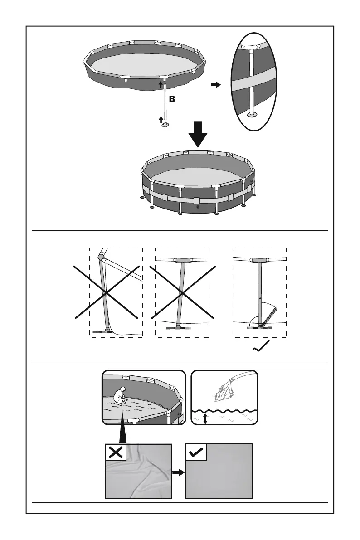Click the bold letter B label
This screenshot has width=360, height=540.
[172, 98]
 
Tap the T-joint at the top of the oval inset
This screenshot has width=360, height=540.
[250, 48]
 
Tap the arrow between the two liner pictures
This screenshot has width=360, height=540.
[178, 472]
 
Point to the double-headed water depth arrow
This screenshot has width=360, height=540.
[206, 418]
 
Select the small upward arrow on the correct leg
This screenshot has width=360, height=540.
[260, 299]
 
